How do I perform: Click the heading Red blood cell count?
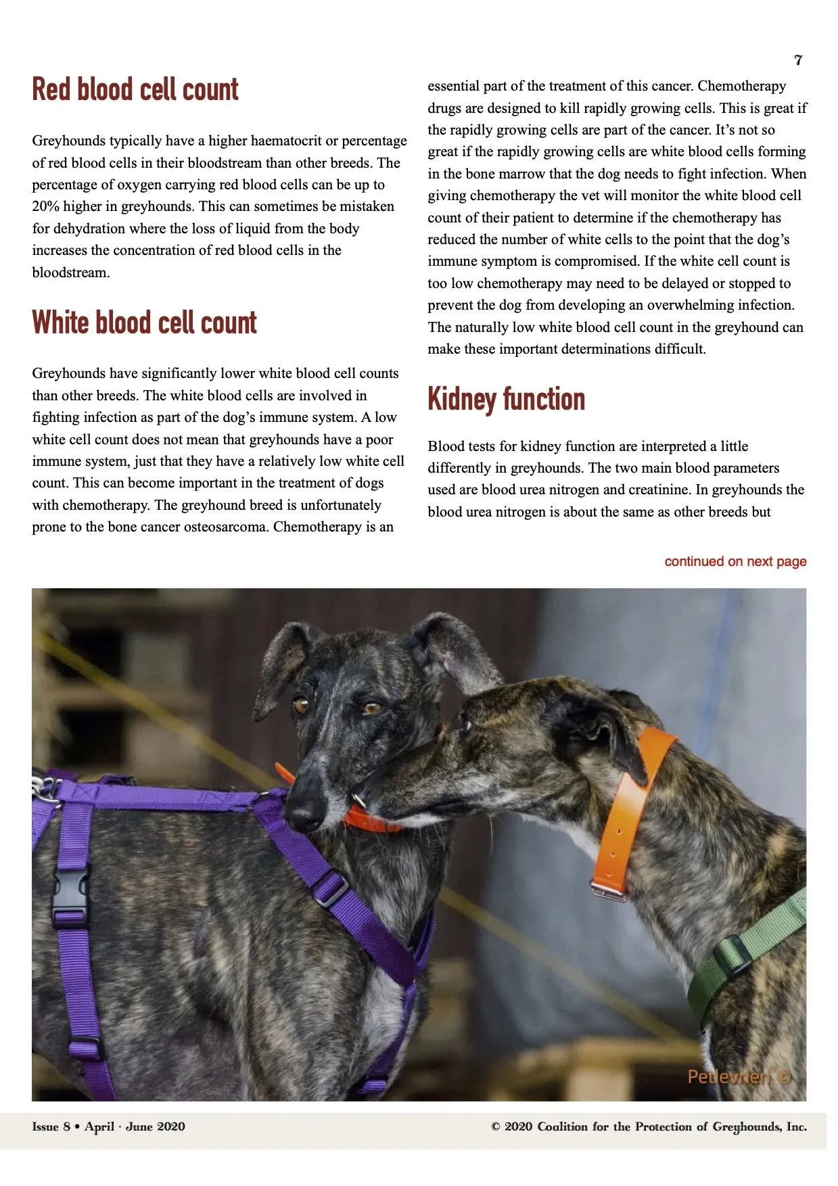pyautogui.click(x=135, y=90)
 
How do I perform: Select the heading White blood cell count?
pyautogui.click(x=144, y=323)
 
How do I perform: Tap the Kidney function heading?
pyautogui.click(x=506, y=399)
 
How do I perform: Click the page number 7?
pyautogui.click(x=798, y=60)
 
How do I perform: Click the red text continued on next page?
pyautogui.click(x=735, y=561)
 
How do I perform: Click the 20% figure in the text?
pyautogui.click(x=45, y=206)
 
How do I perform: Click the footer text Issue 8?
pyautogui.click(x=51, y=1126)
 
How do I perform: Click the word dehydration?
pyautogui.click(x=89, y=229)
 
